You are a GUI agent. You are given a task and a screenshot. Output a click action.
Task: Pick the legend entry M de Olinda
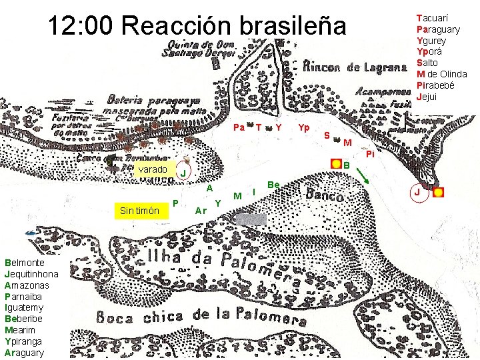point(441,74)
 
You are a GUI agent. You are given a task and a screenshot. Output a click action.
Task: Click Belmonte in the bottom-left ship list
point(25,263)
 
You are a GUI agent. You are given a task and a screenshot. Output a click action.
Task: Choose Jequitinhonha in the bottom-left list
point(31,274)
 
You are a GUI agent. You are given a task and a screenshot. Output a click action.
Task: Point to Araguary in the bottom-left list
point(24,353)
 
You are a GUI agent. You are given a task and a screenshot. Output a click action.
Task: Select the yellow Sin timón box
point(139,211)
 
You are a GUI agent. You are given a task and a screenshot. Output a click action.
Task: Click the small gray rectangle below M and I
point(251,219)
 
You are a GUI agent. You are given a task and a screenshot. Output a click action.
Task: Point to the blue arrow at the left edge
point(29,233)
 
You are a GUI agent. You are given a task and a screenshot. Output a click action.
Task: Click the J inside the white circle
point(417,193)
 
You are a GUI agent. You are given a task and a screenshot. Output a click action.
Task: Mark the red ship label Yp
point(304,127)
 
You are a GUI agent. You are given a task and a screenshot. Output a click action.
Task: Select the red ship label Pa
point(238,127)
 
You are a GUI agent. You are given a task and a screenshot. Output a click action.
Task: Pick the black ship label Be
point(273,184)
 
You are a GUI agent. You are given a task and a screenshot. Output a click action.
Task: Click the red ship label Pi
point(371,154)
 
